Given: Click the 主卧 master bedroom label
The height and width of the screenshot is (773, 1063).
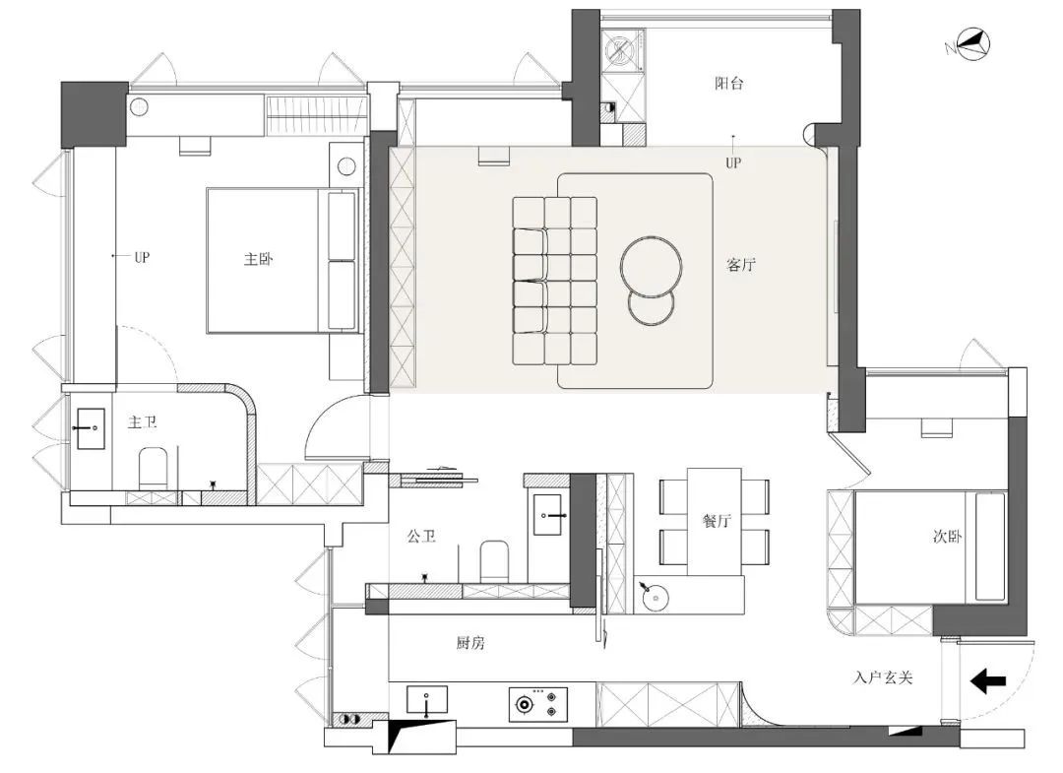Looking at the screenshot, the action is click(258, 259).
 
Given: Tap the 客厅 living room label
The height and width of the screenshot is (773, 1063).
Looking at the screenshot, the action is click(741, 265).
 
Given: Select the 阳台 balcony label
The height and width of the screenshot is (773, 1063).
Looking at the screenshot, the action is click(728, 84).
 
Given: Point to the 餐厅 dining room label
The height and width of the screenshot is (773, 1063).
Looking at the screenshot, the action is click(717, 521).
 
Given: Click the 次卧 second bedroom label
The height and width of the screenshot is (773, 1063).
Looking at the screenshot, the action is click(947, 537).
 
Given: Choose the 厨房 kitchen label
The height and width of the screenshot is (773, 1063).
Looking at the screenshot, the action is click(469, 643).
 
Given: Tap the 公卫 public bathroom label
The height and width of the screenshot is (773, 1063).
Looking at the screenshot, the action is click(421, 537).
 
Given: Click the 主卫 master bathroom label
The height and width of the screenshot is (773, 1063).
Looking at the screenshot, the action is click(143, 422).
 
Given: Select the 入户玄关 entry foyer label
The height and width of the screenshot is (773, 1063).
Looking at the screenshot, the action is click(883, 677).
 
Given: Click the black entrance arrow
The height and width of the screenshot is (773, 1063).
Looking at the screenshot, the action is click(988, 681).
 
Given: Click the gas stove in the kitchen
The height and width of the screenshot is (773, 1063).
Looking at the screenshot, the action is click(538, 704).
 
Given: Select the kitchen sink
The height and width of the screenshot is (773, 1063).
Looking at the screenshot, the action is click(427, 700).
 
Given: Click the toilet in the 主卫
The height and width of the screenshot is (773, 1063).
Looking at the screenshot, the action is click(153, 467).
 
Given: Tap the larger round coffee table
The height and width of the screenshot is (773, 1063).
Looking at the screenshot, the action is click(652, 267).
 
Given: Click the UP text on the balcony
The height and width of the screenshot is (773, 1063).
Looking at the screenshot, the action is click(733, 162).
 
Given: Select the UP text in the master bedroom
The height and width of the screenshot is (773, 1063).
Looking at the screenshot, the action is click(142, 257).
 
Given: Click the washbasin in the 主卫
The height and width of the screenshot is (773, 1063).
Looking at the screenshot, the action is click(91, 428).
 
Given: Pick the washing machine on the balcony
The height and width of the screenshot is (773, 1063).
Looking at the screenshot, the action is click(621, 50).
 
